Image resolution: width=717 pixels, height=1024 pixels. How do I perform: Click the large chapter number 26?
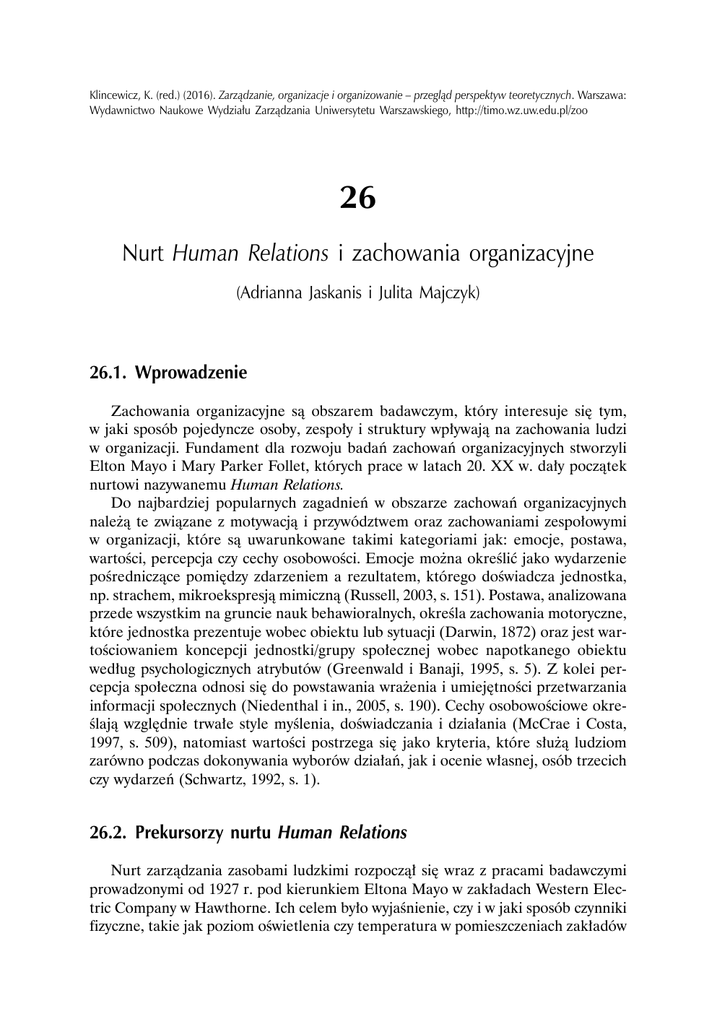[358, 197]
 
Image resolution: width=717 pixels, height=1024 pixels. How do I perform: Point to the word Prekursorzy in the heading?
[182, 831]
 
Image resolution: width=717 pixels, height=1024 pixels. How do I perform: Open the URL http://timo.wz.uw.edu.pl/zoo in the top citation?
[521, 112]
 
